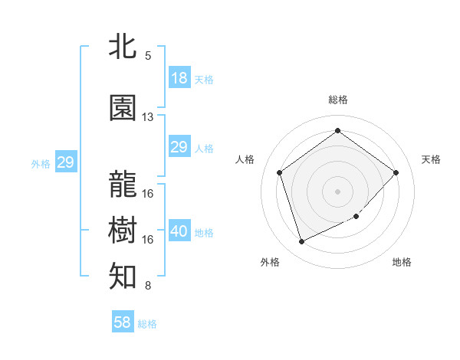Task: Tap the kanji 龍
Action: pos(123,184)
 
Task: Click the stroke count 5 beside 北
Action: pos(148,56)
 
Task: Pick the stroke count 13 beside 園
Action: pos(148,117)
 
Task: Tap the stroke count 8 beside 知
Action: pos(148,286)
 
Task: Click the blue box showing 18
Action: pos(179,78)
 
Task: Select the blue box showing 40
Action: pos(179,231)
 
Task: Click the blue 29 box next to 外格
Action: pos(65,162)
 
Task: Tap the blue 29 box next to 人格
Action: pos(179,147)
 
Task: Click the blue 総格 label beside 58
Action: pos(147,324)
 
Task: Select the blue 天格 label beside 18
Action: pos(204,80)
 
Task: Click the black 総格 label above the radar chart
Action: pos(337,100)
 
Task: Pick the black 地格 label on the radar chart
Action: pos(402,262)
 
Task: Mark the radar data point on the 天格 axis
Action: pos(396,172)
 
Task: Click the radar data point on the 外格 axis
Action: pos(301,242)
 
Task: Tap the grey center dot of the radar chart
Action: pos(337,191)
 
